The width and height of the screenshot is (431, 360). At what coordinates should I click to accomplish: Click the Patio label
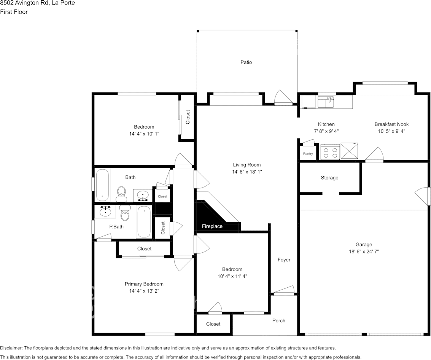(x=246, y=62)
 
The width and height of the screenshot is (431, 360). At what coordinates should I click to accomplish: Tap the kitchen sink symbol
(x=326, y=102)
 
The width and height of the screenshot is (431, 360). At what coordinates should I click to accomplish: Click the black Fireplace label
(x=212, y=226)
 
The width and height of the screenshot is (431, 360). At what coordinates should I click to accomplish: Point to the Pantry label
(x=308, y=154)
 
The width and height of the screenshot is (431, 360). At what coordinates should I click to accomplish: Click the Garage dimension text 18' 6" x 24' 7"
(x=364, y=252)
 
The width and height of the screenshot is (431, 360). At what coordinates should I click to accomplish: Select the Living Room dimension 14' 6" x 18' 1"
(x=247, y=172)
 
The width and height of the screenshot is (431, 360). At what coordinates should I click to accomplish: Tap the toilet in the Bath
(x=121, y=194)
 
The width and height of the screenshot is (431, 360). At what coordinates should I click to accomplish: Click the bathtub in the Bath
(x=102, y=185)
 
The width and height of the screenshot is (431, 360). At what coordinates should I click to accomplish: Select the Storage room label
(x=329, y=178)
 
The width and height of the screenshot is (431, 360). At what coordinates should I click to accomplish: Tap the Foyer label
(x=284, y=260)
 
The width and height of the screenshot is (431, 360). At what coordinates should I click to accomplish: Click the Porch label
(x=278, y=320)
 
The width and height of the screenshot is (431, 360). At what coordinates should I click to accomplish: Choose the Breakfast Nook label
(x=391, y=124)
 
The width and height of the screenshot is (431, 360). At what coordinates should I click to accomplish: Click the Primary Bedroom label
(x=144, y=284)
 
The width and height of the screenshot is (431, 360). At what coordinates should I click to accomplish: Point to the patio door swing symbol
(x=283, y=98)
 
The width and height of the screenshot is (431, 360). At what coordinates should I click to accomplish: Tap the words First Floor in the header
(x=14, y=12)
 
